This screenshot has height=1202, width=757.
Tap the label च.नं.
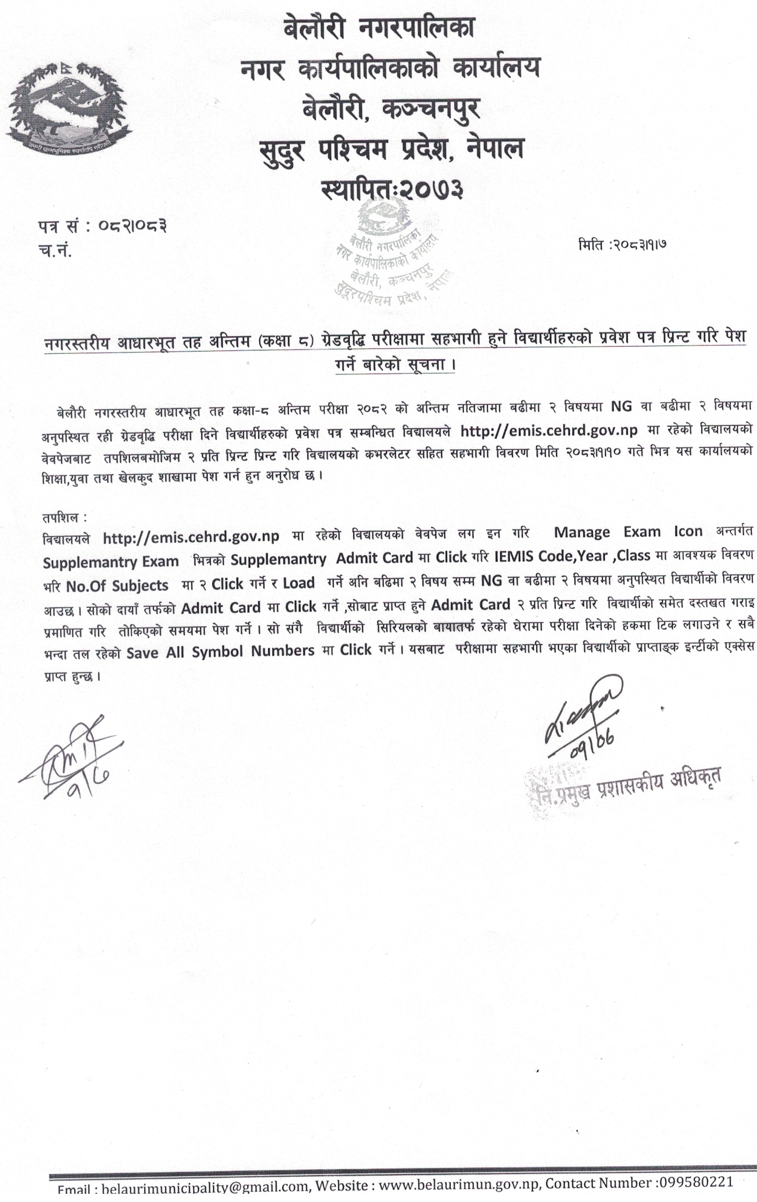click(55, 250)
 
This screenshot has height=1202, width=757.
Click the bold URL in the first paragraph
click(548, 430)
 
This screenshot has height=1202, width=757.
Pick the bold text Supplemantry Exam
click(111, 562)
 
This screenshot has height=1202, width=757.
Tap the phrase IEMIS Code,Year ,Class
click(571, 556)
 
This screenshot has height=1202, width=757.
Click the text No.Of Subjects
click(117, 586)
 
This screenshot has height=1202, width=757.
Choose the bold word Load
click(298, 583)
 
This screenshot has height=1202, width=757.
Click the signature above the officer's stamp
click(583, 717)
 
